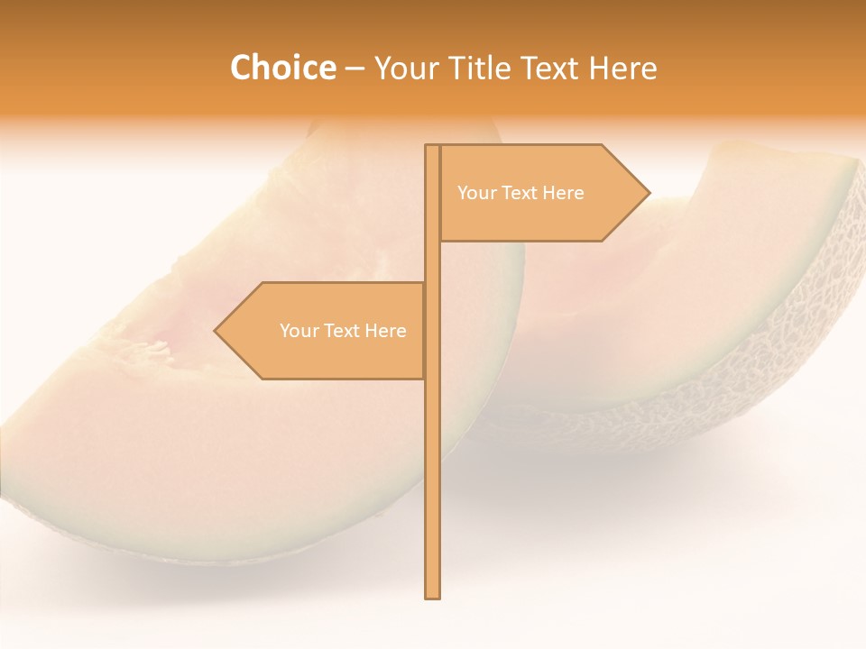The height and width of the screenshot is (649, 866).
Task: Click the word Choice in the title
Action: pyautogui.click(x=282, y=68)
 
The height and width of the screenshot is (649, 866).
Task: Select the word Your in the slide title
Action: pyautogui.click(x=407, y=68)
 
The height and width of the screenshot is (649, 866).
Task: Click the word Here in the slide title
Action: pyautogui.click(x=623, y=68)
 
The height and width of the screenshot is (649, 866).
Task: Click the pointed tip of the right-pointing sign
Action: pyautogui.click(x=648, y=192)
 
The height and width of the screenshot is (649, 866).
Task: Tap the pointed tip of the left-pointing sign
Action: pyautogui.click(x=216, y=331)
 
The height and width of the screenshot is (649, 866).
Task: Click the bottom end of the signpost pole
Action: pyautogui.click(x=433, y=595)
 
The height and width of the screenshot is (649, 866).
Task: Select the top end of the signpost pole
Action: pyautogui.click(x=433, y=147)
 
